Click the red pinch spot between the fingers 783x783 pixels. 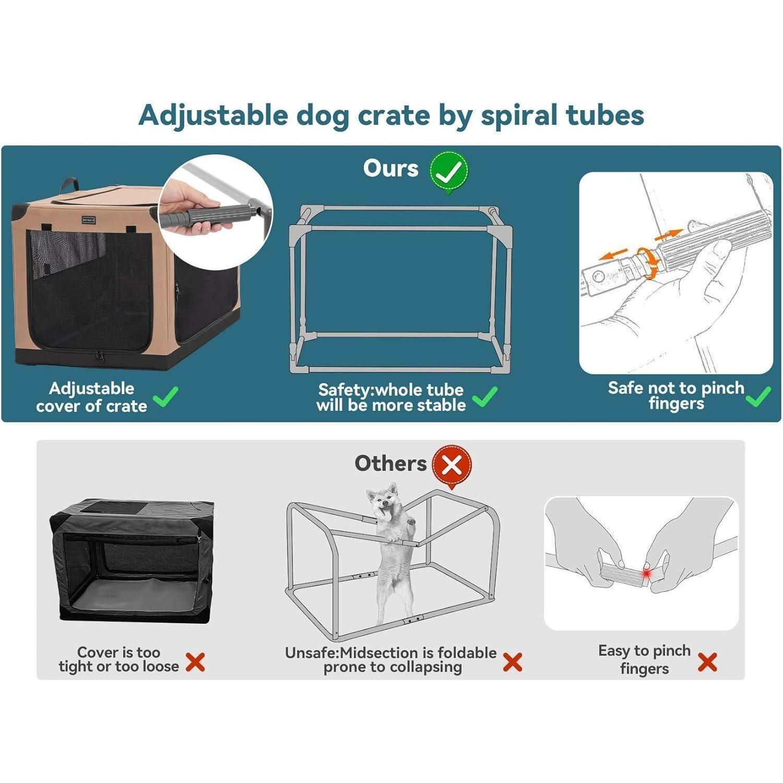pos(647,574)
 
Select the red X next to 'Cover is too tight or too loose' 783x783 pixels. pos(195,662)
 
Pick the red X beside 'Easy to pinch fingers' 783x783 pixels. pos(707,662)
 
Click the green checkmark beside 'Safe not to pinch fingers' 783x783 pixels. pos(758,396)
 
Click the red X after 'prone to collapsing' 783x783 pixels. pos(513,662)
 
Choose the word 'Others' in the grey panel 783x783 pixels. pos(390,464)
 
